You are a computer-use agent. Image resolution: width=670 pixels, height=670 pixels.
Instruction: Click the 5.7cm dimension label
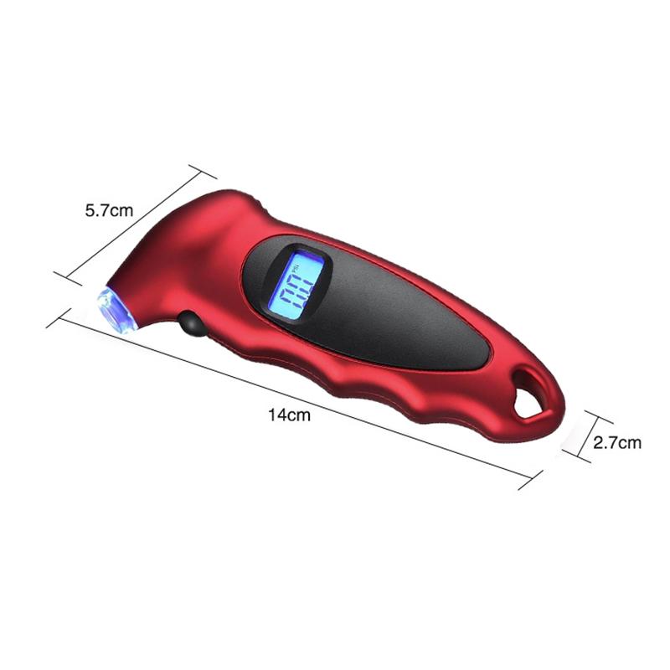109,211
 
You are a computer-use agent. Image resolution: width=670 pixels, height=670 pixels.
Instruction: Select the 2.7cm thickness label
617,443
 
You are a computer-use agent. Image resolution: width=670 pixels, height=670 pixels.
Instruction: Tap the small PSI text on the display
317,268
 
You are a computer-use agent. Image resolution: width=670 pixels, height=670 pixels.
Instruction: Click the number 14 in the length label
276,415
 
